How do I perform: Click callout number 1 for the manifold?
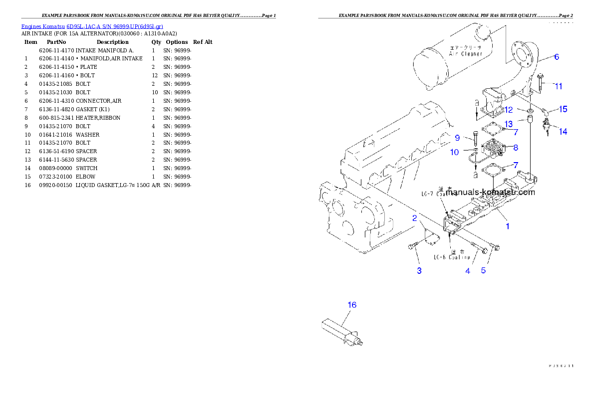[508, 226]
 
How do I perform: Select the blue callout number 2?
[414, 218]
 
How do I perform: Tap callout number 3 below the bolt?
[419, 271]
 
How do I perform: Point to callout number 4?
[468, 271]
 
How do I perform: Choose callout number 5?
[483, 271]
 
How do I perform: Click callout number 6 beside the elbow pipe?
[557, 56]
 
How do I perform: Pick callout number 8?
[516, 148]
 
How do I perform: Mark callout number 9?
[457, 138]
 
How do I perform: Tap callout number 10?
[454, 152]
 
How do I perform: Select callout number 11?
[559, 86]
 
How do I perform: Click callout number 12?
[508, 109]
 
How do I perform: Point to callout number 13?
[508, 124]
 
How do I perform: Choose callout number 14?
[563, 132]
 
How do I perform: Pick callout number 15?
[563, 109]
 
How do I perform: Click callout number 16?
[352, 305]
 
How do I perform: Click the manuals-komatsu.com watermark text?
[490, 192]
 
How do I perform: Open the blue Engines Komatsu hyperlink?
[92, 26]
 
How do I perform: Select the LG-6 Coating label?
[451, 257]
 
